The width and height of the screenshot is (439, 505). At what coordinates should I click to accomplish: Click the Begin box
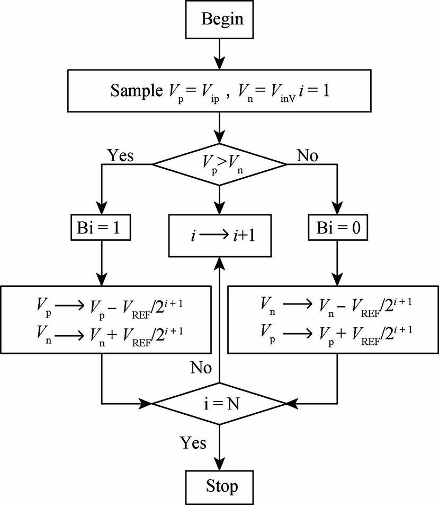pyautogui.click(x=220, y=20)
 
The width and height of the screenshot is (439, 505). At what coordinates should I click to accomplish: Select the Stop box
pyautogui.click(x=220, y=485)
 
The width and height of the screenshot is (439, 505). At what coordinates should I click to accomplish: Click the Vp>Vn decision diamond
pyautogui.click(x=220, y=164)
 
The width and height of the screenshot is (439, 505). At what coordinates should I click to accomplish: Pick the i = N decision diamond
pyautogui.click(x=220, y=404)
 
